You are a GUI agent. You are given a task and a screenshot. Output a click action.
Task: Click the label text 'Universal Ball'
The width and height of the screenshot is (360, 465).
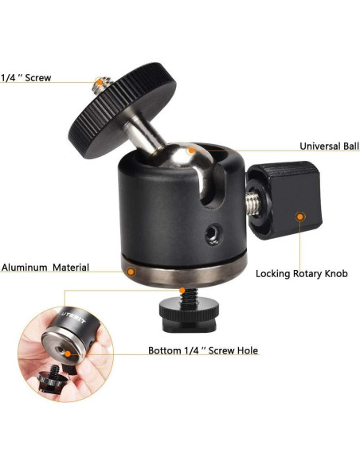click(x=329, y=147)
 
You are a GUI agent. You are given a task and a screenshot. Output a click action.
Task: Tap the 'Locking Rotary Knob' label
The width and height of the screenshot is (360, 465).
click(x=301, y=273)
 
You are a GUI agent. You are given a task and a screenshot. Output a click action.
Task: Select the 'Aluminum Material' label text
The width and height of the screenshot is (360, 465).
click(x=45, y=268)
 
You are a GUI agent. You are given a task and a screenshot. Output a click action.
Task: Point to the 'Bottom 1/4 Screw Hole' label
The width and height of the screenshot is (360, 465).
click(x=203, y=350)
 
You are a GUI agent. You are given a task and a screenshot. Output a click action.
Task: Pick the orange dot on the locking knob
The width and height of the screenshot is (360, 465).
click(x=300, y=216)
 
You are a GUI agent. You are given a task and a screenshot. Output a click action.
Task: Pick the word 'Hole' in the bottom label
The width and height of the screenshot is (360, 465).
click(x=245, y=350)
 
